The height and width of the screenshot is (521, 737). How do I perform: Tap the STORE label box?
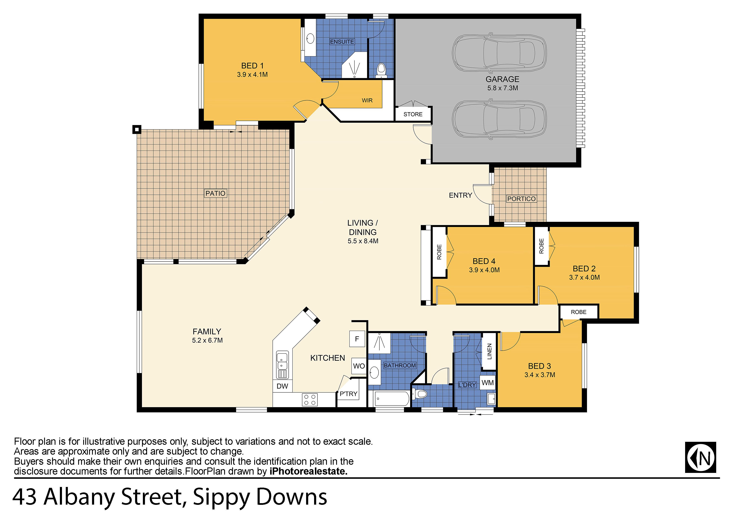(x=413, y=114)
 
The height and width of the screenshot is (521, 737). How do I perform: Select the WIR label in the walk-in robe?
(x=367, y=100)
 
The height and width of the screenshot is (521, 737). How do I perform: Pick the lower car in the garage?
(x=499, y=119)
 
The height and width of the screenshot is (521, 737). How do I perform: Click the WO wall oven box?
(x=359, y=366)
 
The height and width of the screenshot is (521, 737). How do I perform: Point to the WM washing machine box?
(x=488, y=383)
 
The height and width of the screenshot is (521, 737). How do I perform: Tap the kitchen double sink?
(x=282, y=365)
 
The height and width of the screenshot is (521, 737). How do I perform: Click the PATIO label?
(x=215, y=193)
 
